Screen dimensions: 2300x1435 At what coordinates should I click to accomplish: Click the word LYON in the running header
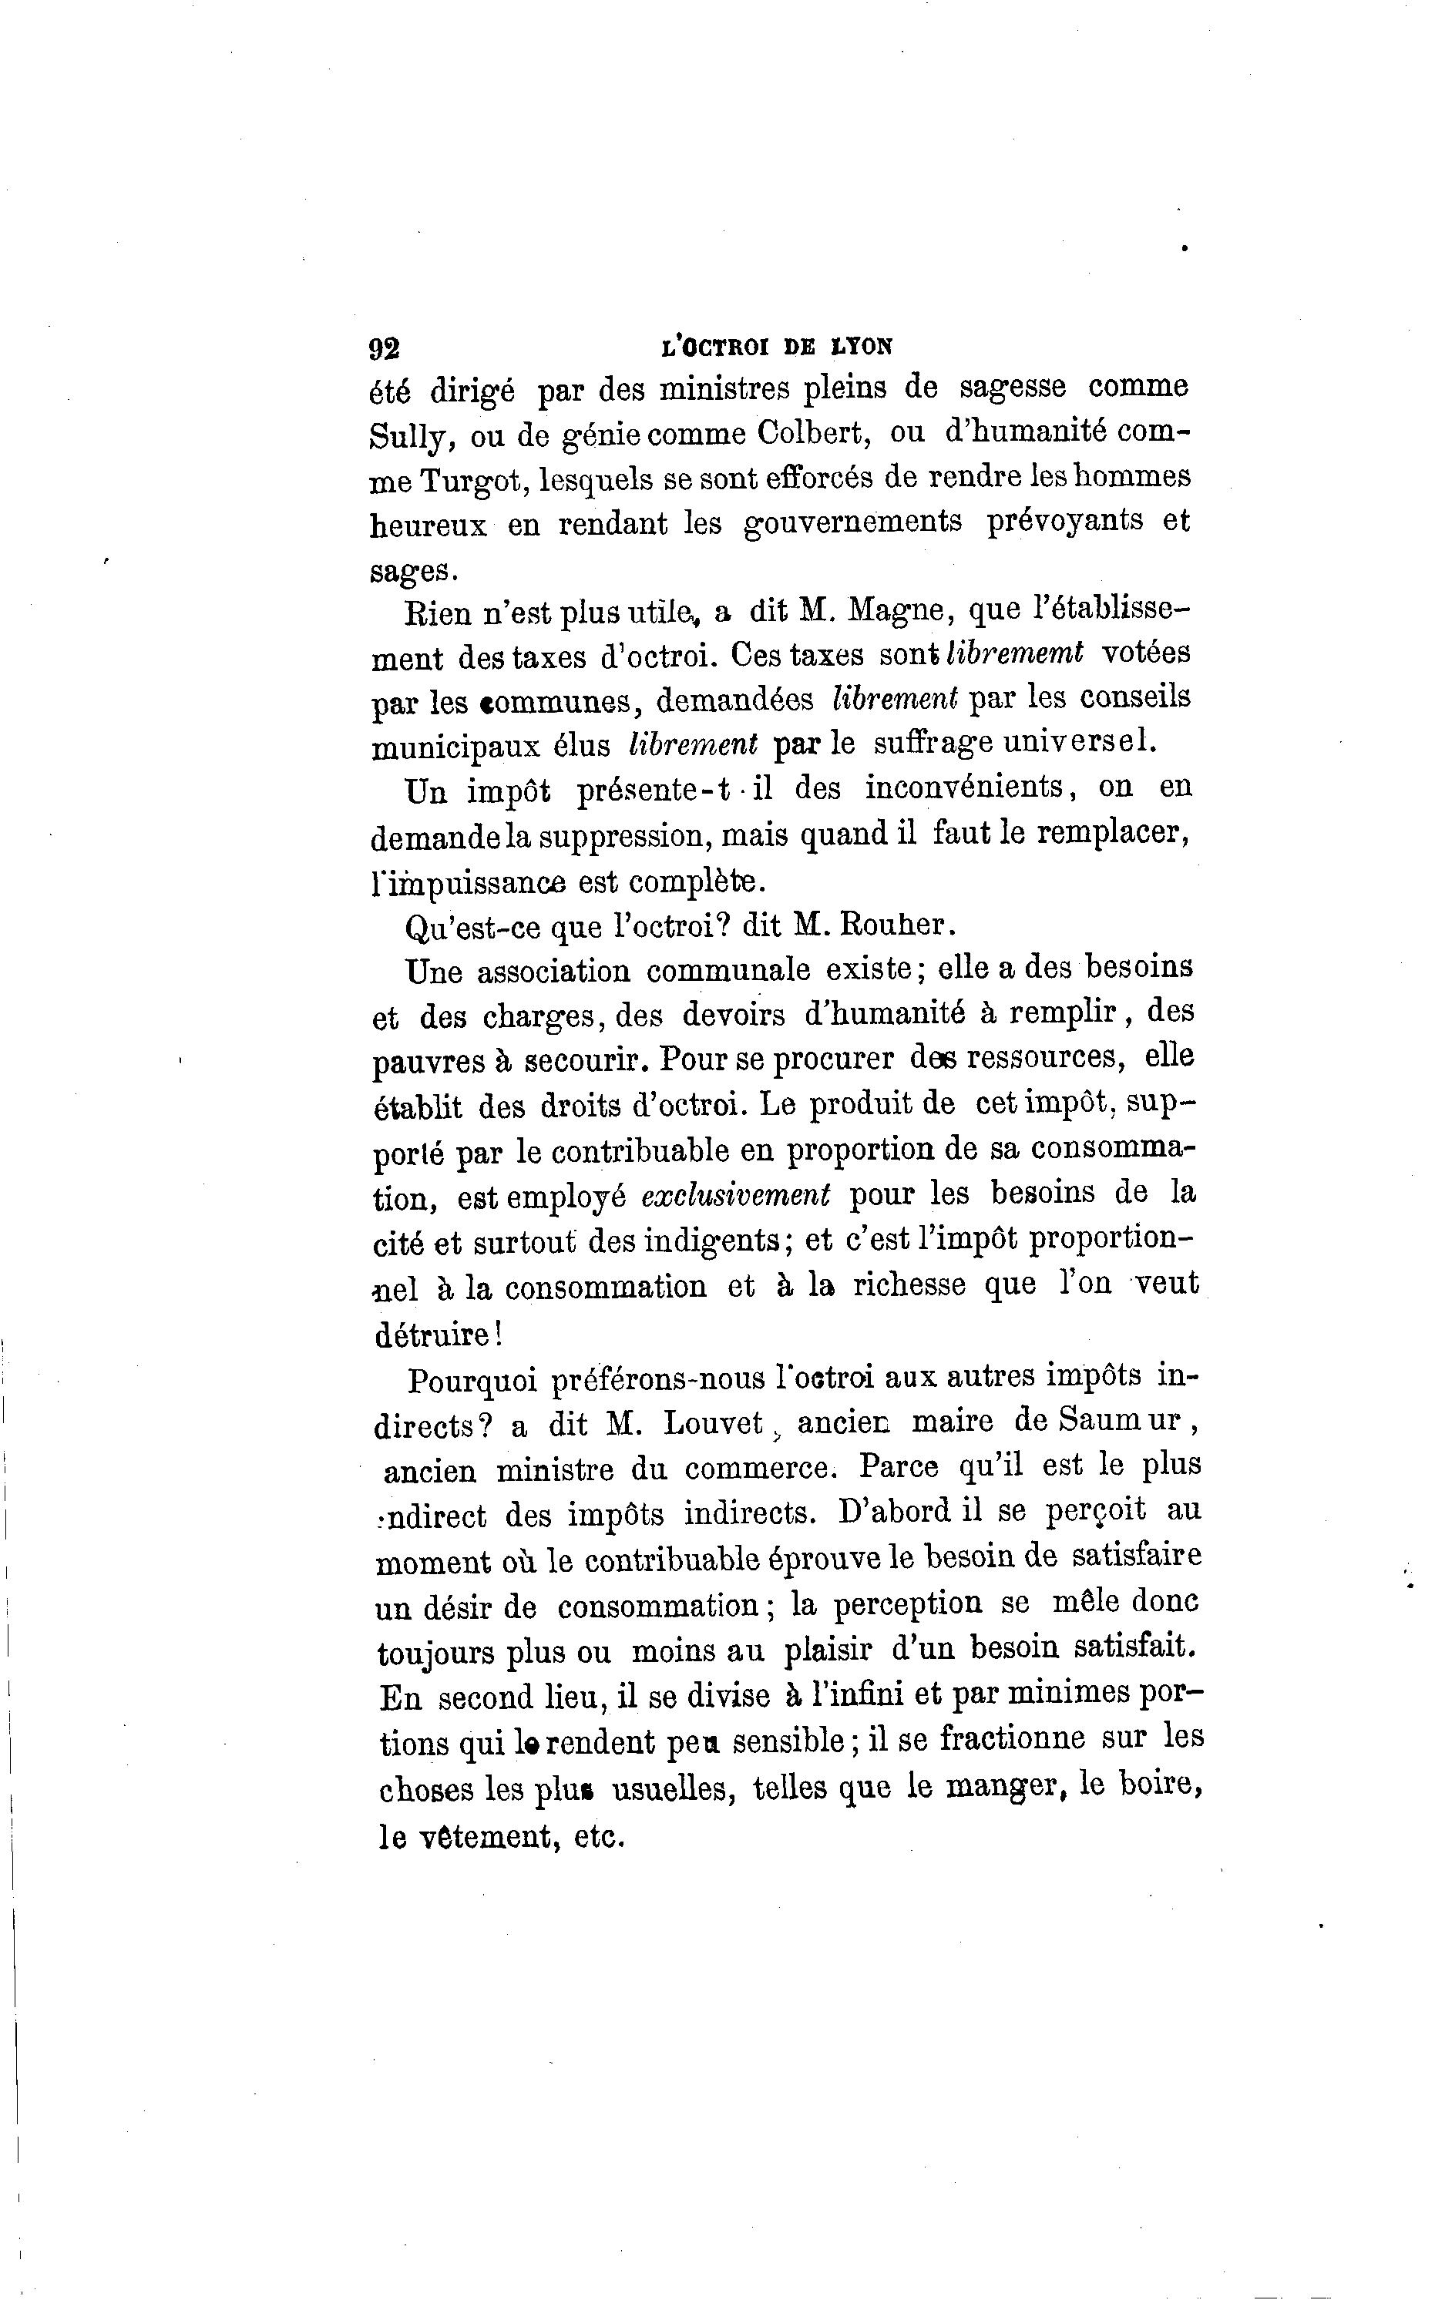click(x=861, y=348)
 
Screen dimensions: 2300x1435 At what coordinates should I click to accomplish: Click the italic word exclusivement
click(x=735, y=1194)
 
